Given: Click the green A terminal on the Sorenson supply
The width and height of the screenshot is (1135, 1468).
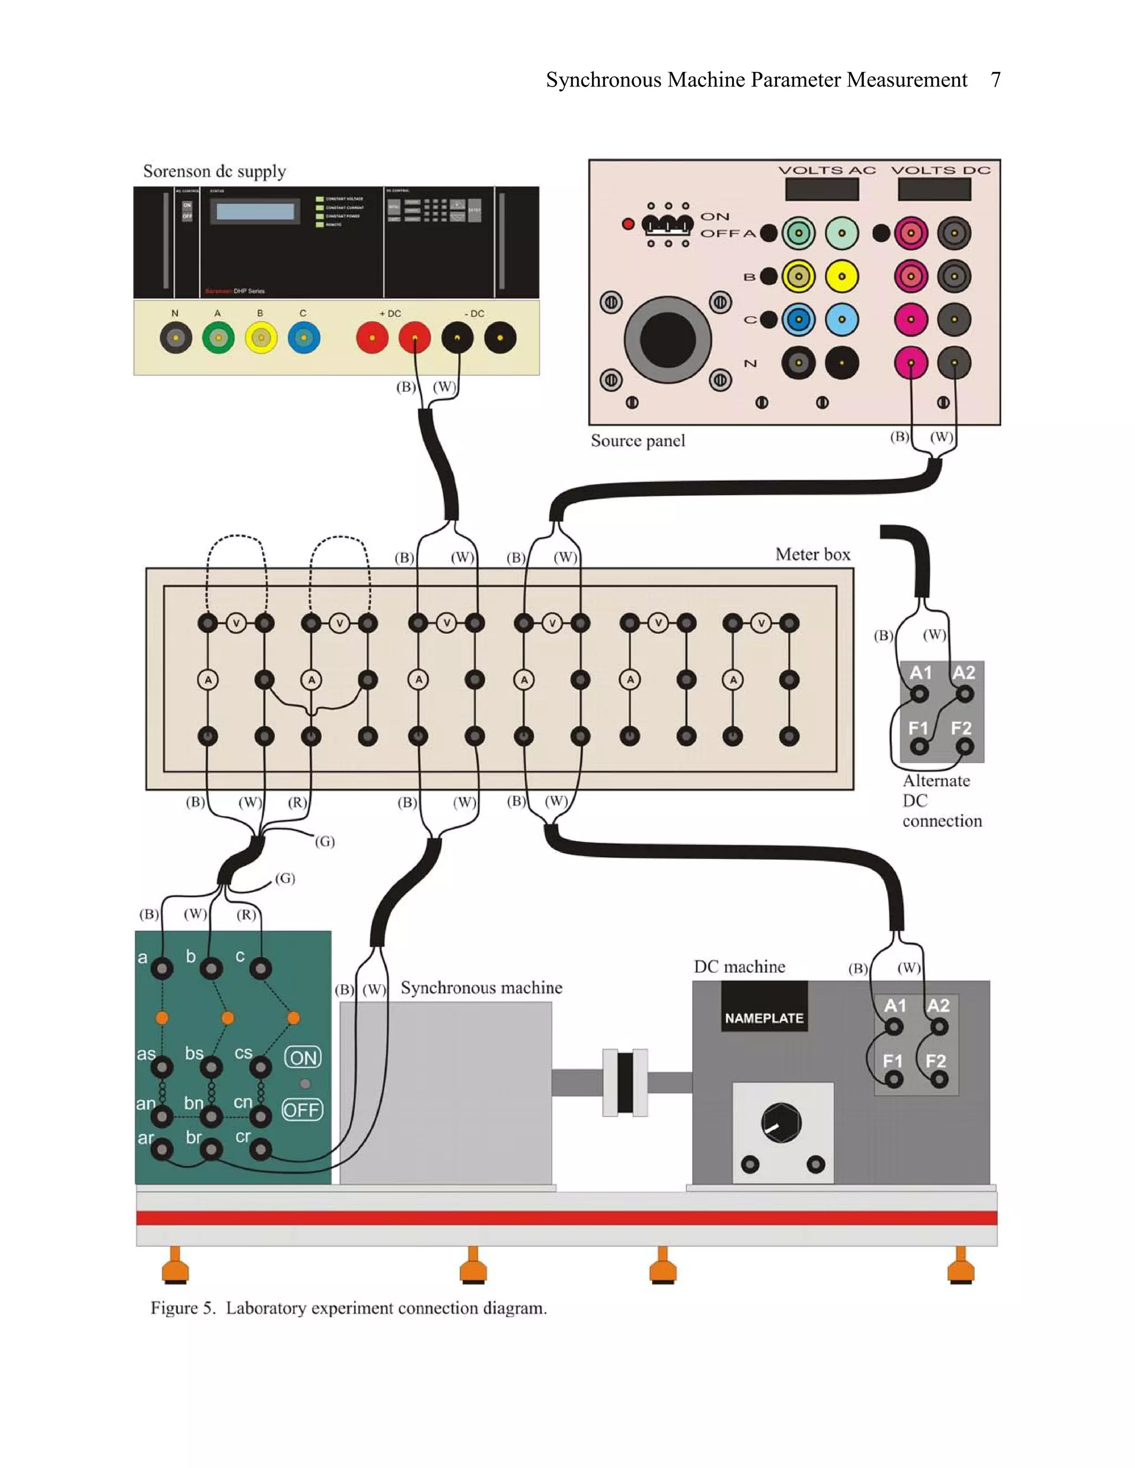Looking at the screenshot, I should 218,338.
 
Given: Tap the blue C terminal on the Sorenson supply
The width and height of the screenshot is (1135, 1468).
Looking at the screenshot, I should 304,338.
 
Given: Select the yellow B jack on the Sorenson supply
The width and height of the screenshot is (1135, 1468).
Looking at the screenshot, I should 261,338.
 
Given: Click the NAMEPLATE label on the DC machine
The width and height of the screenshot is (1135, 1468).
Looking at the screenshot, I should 764,1018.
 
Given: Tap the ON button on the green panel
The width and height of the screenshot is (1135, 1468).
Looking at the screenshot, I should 303,1058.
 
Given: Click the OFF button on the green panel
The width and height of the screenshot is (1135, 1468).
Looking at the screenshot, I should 302,1110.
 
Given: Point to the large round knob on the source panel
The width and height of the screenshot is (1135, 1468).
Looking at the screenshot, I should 667,340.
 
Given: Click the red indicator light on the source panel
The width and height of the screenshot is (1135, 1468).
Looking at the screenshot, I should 628,224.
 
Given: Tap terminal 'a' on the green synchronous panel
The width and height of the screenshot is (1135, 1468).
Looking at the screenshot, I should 162,968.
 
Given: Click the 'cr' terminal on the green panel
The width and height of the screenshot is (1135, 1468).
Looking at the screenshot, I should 261,1150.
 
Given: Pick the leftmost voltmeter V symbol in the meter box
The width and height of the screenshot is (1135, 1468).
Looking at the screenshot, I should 236,624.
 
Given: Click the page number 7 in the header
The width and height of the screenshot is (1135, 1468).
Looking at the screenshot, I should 995,80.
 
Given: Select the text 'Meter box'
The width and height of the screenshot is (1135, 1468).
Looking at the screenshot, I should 812,555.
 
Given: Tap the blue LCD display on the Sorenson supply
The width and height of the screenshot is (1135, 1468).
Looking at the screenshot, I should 255,212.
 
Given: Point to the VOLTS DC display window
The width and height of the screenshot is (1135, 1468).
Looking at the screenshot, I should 934,189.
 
